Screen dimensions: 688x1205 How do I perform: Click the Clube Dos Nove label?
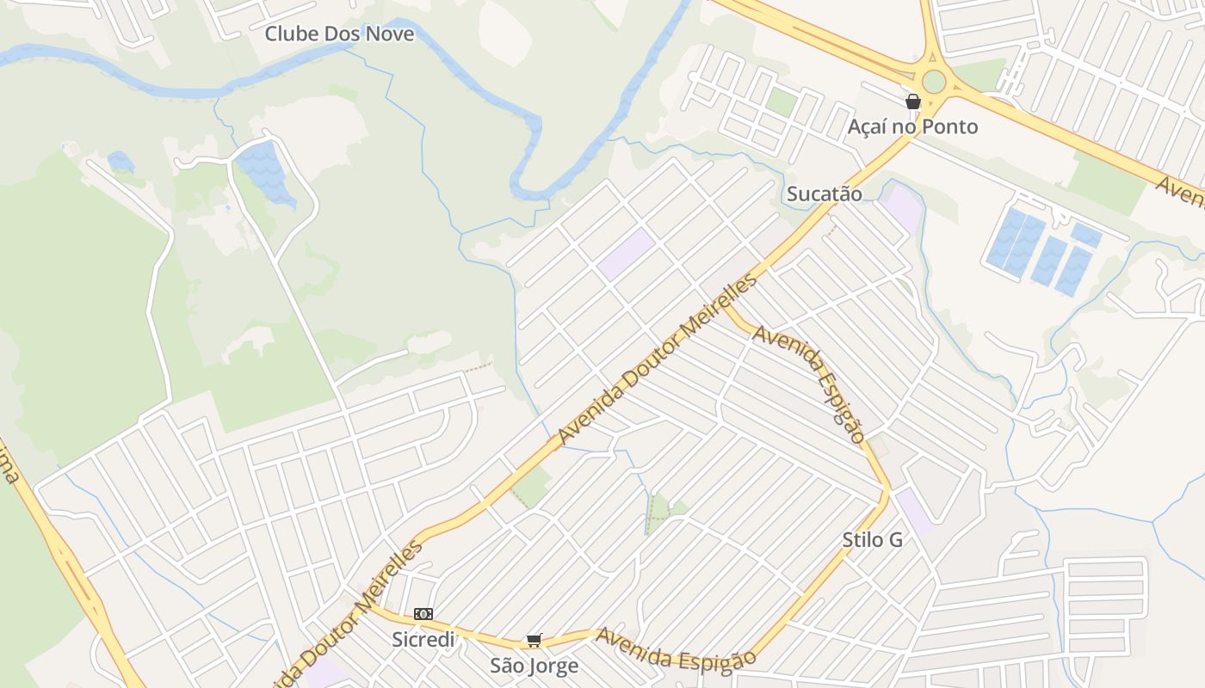pos(339,34)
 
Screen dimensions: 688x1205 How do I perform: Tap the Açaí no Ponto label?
pos(912,127)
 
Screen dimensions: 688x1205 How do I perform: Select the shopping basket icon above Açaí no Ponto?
pos(913,101)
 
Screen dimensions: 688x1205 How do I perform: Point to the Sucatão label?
pos(824,194)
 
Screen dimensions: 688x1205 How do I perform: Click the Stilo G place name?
pos(872,540)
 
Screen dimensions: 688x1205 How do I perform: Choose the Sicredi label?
pos(423,640)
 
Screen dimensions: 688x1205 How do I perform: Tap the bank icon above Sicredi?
pos(423,614)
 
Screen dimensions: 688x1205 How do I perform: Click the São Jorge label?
pos(534,666)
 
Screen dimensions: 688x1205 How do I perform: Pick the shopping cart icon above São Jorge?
pos(534,641)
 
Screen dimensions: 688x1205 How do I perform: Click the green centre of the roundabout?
pos(934,83)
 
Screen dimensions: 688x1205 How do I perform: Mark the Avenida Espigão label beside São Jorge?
pos(677,648)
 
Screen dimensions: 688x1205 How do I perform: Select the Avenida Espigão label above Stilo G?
pos(809,383)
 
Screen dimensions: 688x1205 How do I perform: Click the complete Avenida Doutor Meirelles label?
pos(658,359)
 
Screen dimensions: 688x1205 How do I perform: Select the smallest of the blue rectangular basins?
pos(1086,235)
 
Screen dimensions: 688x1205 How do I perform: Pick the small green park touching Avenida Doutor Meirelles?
pos(531,487)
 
